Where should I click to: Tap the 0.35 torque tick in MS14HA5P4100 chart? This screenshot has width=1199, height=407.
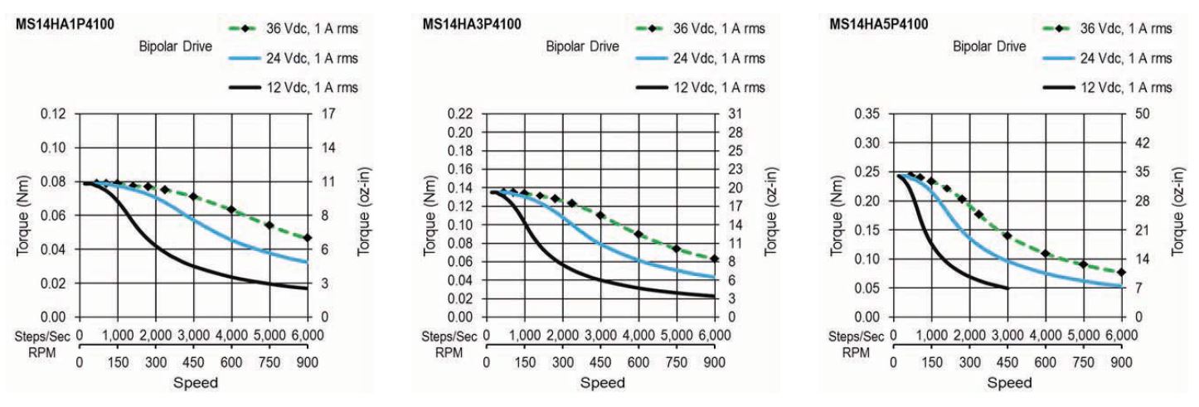click(867, 114)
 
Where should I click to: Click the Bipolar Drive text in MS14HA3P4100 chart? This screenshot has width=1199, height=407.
click(581, 47)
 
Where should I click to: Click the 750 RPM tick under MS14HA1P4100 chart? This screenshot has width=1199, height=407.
click(269, 361)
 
